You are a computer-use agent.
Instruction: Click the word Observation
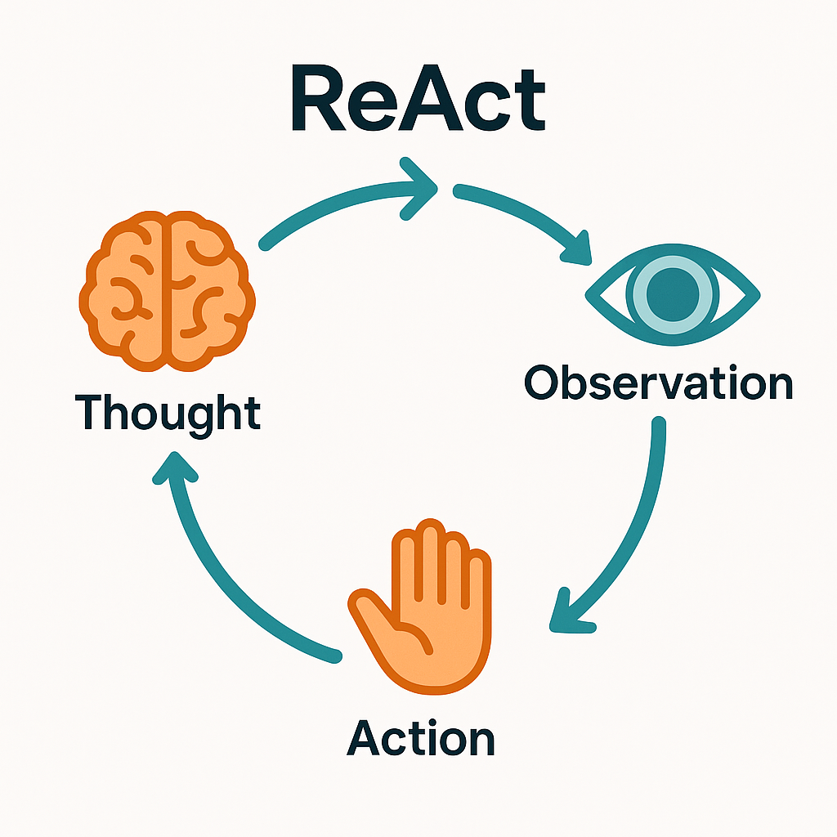click(x=658, y=382)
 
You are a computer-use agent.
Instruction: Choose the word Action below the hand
click(x=421, y=738)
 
